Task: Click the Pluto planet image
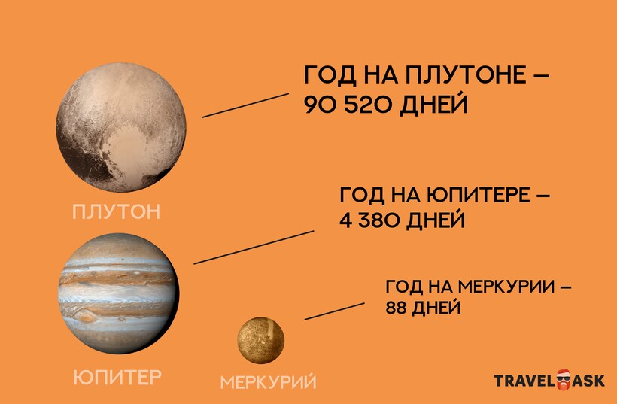tap(121, 127)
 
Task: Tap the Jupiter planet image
tap(118, 293)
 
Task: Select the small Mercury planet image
tap(260, 340)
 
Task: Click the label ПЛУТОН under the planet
tap(117, 211)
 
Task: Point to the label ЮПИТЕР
tap(117, 377)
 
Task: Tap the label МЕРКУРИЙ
tap(268, 381)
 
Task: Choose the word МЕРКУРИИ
tap(506, 287)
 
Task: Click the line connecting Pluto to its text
tap(245, 105)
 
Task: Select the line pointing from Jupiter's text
tap(254, 248)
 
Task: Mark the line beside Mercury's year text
tap(335, 311)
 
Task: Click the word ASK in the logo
tap(588, 381)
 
